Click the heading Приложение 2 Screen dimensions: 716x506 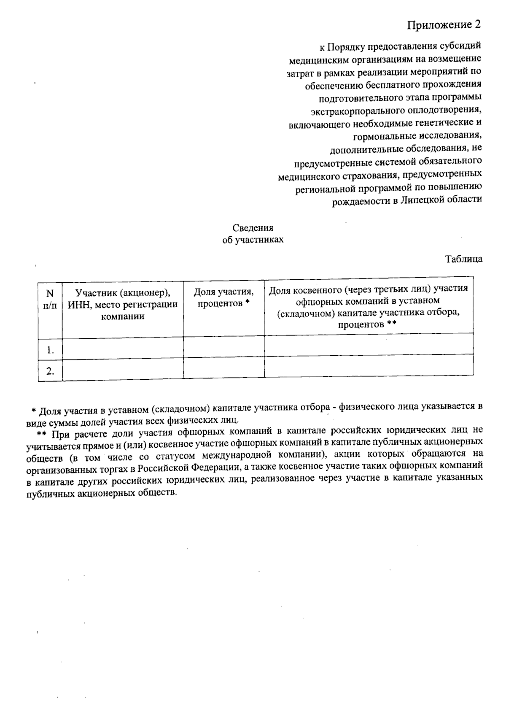pyautogui.click(x=444, y=25)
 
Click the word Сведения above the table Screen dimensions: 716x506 pyautogui.click(x=253, y=228)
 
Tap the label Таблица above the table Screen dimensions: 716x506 pyautogui.click(x=464, y=259)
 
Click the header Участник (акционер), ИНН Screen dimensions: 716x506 pyautogui.click(x=123, y=304)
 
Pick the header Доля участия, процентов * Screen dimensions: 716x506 pyautogui.click(x=223, y=297)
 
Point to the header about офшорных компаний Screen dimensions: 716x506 pyautogui.click(x=368, y=306)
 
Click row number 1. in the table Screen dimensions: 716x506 pyautogui.click(x=51, y=350)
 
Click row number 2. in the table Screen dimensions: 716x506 pyautogui.click(x=51, y=371)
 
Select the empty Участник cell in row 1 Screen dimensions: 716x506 pyautogui.click(x=123, y=349)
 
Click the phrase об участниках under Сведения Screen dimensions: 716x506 pyautogui.click(x=253, y=240)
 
